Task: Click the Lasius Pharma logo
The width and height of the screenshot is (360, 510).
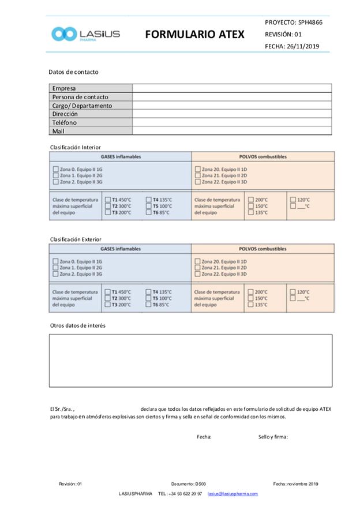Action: [85, 34]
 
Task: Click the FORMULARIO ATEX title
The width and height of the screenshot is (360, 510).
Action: [194, 35]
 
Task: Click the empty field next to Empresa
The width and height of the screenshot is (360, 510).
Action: [232, 88]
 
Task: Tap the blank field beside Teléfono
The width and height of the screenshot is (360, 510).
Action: [232, 122]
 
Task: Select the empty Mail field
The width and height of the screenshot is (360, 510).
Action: [232, 131]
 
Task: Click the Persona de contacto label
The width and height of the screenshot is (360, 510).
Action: [80, 97]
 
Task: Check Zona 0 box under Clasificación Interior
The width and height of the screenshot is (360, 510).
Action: [55, 169]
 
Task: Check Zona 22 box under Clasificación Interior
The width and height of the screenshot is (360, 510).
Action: [197, 182]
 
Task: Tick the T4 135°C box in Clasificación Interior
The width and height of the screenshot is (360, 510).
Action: [148, 200]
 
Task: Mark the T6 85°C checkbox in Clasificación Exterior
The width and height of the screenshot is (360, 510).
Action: [148, 305]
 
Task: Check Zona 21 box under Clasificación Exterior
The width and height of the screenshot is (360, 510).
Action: [197, 268]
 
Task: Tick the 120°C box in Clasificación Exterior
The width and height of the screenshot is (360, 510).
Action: [293, 292]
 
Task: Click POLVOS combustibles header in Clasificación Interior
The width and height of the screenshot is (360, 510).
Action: [262, 156]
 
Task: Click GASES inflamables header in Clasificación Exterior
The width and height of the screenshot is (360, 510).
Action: [121, 249]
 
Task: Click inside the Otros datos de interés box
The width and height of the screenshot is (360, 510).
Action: [190, 361]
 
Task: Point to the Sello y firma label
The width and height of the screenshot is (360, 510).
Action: [273, 437]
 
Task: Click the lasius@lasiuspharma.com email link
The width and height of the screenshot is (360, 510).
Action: [232, 494]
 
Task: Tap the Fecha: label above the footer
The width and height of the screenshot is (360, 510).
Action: [204, 437]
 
